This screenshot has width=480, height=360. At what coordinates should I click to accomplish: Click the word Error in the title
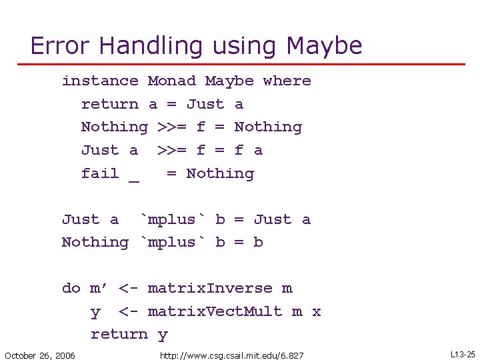click(61, 45)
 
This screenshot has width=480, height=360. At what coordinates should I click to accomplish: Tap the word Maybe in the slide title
click(324, 45)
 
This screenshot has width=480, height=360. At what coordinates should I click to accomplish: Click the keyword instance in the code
click(100, 81)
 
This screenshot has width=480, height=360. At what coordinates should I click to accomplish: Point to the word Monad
click(172, 81)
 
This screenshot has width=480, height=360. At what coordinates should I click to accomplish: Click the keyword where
click(287, 81)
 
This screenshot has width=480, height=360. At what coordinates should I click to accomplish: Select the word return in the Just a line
click(110, 104)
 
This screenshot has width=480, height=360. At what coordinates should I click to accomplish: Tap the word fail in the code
click(100, 173)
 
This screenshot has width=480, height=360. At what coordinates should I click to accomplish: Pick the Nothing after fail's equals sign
click(220, 173)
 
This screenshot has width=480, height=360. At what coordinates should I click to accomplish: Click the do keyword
click(71, 288)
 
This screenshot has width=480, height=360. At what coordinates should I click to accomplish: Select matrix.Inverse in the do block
click(210, 288)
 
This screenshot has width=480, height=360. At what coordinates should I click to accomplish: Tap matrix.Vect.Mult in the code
click(215, 311)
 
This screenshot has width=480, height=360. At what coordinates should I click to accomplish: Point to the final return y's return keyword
click(119, 334)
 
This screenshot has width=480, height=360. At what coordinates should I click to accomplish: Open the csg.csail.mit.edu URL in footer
click(231, 355)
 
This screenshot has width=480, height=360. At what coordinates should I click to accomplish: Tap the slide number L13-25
click(463, 355)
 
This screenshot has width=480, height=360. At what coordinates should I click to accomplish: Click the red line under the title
click(240, 64)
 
